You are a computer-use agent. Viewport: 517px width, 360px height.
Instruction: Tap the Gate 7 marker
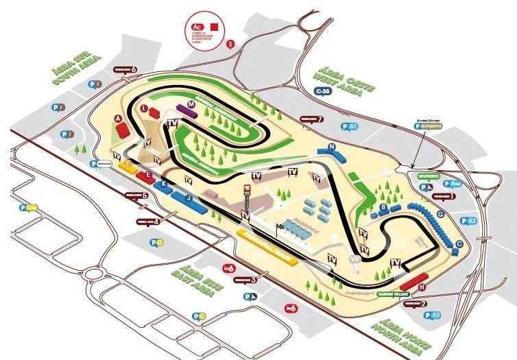click(311, 119)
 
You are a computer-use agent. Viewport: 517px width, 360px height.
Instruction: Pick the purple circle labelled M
click(181, 105)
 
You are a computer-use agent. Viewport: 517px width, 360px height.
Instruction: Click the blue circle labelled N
click(331, 146)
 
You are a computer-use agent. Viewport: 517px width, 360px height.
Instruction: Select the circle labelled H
click(422, 287)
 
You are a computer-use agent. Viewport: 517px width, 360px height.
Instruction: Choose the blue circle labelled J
click(187, 197)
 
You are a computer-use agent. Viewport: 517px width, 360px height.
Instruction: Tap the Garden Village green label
click(393, 293)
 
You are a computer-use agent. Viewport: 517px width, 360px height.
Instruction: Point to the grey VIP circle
click(354, 260)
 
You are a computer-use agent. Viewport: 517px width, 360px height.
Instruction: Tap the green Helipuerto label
click(427, 175)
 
